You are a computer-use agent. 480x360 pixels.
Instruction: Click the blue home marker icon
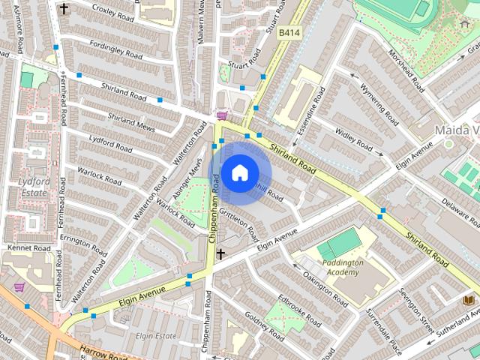(239, 173)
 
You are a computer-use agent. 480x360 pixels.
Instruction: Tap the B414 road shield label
(289, 33)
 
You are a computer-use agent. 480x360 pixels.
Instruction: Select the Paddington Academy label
(343, 268)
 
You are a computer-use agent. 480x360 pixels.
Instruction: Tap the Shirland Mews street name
(131, 122)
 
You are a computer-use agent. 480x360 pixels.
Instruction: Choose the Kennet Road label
(29, 247)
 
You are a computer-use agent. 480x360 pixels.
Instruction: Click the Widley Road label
(353, 139)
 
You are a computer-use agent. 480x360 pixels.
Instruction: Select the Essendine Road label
(310, 111)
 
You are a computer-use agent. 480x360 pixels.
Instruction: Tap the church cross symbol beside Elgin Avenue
(220, 255)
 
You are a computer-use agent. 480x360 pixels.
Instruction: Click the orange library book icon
(469, 300)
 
